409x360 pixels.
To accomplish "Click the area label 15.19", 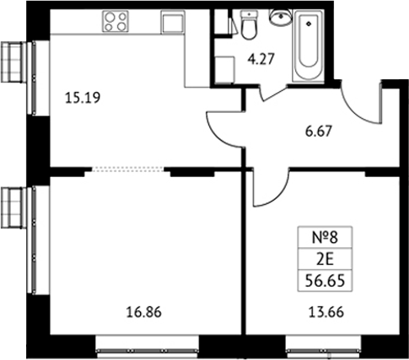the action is point(83,98).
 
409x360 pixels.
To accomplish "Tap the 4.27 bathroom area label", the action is point(261,59).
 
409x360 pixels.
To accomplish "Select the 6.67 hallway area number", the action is point(319,132).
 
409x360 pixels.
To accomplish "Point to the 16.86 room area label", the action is point(144,312).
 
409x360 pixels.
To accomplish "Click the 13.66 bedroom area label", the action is point(326,312).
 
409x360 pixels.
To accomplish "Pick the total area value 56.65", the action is point(325,281).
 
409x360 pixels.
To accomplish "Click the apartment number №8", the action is point(325,238).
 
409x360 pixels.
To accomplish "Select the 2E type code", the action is point(325,261).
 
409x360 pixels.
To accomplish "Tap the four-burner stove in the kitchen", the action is point(116,21).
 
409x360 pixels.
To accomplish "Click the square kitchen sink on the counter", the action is point(173,23).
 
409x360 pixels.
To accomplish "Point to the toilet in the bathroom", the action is point(249,24).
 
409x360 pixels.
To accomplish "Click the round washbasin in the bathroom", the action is point(281,17).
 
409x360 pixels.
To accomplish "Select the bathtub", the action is point(309,46).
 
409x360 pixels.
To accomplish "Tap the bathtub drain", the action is point(309,24).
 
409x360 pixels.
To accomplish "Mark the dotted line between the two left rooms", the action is point(128,169).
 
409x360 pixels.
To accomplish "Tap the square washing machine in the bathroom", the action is point(224,70).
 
